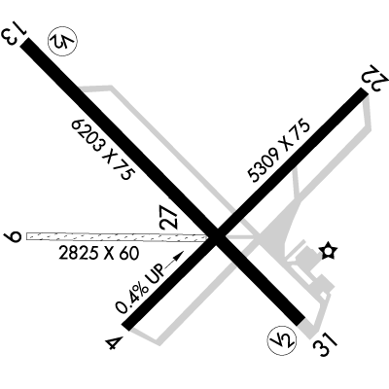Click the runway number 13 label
pos(14,33)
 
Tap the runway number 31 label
pos(325,345)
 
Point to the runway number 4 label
pos(115,343)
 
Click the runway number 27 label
pos(170,217)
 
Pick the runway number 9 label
pos(14,235)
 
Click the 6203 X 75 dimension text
pos(103,149)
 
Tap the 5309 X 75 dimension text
pos(279,152)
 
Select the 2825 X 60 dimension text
pos(99,253)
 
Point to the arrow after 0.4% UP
pos(175,259)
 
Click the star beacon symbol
pos(328,251)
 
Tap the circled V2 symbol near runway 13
pos(62,42)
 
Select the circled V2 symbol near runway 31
pos(282,339)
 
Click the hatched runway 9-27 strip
pos(117,237)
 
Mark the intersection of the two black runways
pos(218,236)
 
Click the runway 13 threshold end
pos(25,42)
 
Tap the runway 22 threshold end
pos(364,92)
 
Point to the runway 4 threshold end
pos(125,327)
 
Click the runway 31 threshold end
pos(301,321)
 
